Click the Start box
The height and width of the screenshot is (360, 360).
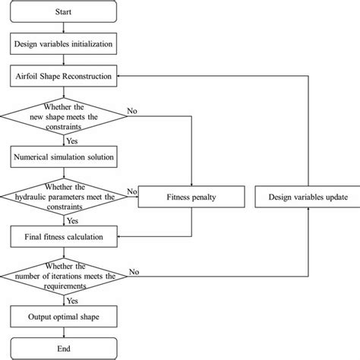(x=64, y=13)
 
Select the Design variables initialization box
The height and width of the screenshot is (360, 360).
(x=64, y=45)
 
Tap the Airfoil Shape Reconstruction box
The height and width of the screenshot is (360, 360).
(x=64, y=77)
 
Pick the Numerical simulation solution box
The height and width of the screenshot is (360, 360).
(x=64, y=158)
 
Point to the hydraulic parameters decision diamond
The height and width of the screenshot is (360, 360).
(x=64, y=198)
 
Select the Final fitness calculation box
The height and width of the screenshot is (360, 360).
(x=64, y=238)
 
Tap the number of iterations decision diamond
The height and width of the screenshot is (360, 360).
(x=64, y=279)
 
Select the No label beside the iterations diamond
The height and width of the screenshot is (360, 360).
(x=134, y=271)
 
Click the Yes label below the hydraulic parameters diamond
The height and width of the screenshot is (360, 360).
(x=74, y=221)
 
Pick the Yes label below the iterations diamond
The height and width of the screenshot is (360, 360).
(x=74, y=300)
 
